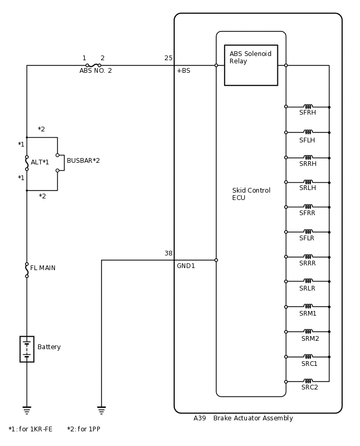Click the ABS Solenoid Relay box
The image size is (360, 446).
(x=251, y=65)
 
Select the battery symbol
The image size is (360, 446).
(x=27, y=349)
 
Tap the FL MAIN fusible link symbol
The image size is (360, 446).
(x=27, y=270)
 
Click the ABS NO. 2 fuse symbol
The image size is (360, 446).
(x=93, y=65)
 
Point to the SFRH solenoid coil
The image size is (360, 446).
(x=308, y=107)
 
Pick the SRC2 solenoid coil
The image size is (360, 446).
(x=308, y=381)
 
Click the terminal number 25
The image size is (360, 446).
(x=168, y=58)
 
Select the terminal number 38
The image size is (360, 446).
(x=168, y=253)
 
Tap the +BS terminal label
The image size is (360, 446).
(x=183, y=71)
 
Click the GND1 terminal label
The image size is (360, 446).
(x=186, y=266)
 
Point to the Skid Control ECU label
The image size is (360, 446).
(x=251, y=194)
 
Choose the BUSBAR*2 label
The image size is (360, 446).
(x=83, y=161)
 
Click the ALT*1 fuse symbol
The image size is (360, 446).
(x=27, y=163)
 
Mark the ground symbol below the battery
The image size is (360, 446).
(x=27, y=410)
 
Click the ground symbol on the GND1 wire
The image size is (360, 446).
(x=102, y=410)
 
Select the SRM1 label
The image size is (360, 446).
(x=308, y=314)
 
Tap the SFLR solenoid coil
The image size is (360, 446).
(x=308, y=231)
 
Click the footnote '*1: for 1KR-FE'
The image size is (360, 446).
(x=30, y=429)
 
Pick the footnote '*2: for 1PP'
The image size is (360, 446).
(x=83, y=429)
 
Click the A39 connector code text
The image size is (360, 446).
(x=199, y=418)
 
